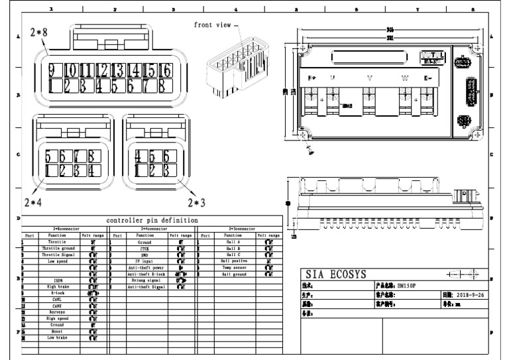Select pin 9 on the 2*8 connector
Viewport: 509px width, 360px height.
(50, 70)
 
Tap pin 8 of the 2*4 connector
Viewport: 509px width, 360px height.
(94, 156)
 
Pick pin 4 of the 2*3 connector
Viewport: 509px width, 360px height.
(138, 156)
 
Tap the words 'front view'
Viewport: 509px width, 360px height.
(213, 25)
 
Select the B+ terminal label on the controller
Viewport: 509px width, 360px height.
(312, 78)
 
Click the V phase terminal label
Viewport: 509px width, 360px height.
(369, 78)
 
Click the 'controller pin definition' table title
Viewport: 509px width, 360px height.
(152, 220)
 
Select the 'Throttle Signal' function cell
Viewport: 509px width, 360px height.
(57, 255)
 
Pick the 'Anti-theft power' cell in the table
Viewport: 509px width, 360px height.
(145, 267)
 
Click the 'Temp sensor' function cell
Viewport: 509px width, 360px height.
(233, 267)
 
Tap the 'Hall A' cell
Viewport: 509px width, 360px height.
(233, 243)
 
